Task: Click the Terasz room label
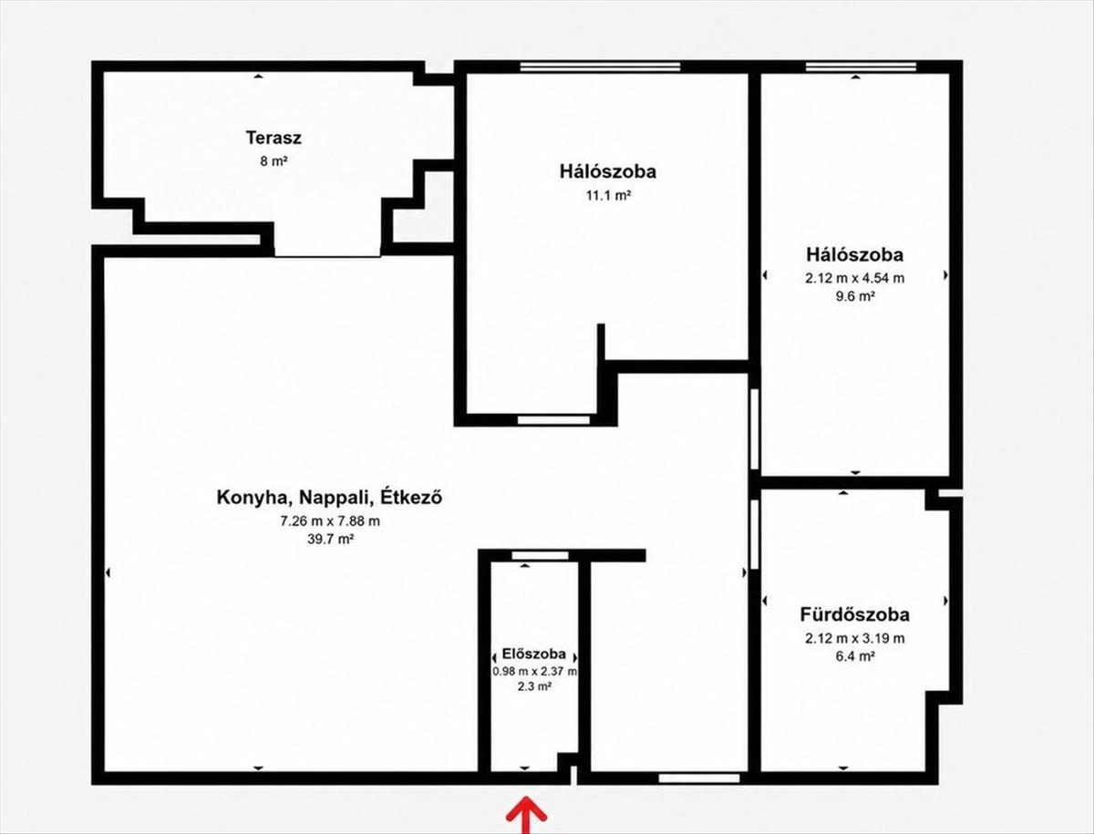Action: click(273, 138)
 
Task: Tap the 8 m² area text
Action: click(273, 161)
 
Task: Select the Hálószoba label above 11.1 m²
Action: click(607, 171)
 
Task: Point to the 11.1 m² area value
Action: click(608, 195)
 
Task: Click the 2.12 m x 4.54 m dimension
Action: click(854, 278)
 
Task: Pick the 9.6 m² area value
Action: click(855, 296)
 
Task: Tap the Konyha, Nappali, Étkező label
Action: click(329, 498)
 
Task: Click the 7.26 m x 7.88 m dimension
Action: click(330, 521)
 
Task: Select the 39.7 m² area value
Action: click(331, 539)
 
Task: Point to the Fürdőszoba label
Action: click(855, 614)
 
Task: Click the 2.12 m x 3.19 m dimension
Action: click(854, 638)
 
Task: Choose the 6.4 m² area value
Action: click(855, 656)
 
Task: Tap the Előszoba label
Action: click(534, 654)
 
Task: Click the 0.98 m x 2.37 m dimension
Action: click(534, 671)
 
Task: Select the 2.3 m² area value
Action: click(534, 686)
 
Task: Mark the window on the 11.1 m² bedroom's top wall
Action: click(600, 67)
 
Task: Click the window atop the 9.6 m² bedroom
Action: click(861, 67)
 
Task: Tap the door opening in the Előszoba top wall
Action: click(541, 555)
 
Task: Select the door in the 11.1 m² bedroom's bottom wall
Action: click(553, 420)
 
